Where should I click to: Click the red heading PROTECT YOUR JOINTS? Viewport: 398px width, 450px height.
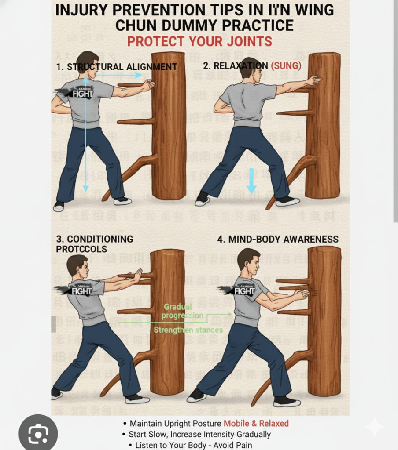pos(199,41)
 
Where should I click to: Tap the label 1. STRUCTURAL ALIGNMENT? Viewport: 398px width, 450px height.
pos(117,67)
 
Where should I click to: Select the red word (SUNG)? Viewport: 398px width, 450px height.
pos(286,65)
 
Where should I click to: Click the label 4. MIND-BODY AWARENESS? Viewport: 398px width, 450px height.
pos(278,239)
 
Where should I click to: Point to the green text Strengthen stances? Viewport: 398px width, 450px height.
pos(188,330)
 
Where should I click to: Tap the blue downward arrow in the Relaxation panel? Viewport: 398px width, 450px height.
pos(251,181)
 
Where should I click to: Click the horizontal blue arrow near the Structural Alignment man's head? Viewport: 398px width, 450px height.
pos(119,76)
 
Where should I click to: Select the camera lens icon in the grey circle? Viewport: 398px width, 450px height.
pos(38,434)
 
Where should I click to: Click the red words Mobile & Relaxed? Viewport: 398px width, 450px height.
pos(256,423)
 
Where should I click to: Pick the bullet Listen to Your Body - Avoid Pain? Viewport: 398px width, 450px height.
pos(193,445)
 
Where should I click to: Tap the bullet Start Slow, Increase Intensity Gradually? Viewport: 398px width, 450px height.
pos(199,434)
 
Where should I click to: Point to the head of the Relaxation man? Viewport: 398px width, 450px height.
pos(251,69)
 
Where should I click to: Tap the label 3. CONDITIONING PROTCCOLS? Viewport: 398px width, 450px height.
pos(94,244)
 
